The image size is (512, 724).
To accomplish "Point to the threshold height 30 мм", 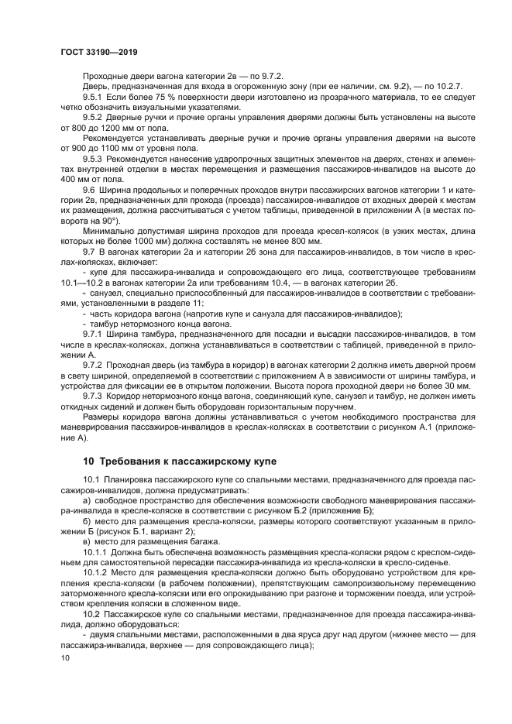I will [455, 385].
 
